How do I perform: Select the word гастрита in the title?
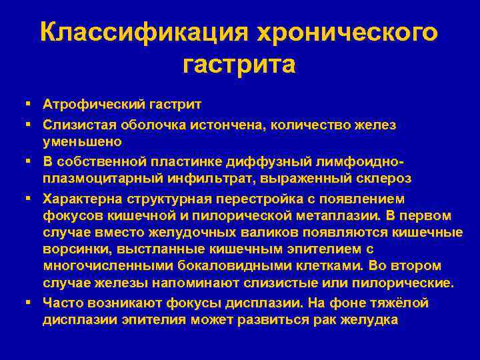point(238,65)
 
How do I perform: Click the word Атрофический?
point(89,105)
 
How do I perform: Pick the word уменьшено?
point(82,141)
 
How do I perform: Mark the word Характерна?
point(83,198)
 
